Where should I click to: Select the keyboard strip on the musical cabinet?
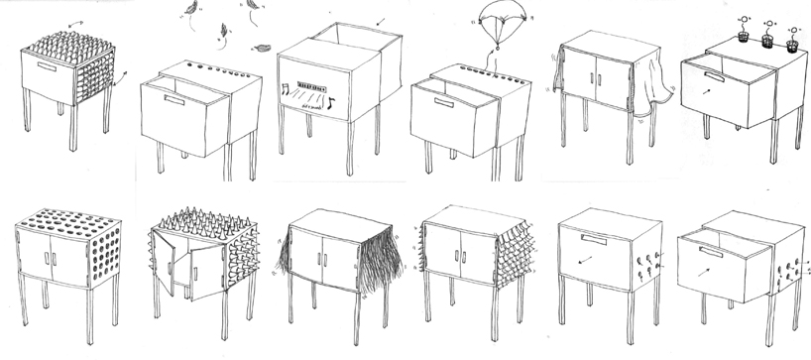pyautogui.click(x=306, y=85)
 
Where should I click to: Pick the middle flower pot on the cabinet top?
pyautogui.click(x=765, y=44)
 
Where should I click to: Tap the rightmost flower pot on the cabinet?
pyautogui.click(x=793, y=46)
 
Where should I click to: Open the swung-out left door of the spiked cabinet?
pyautogui.click(x=166, y=263)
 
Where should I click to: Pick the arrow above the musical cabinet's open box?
pyautogui.click(x=379, y=21)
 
